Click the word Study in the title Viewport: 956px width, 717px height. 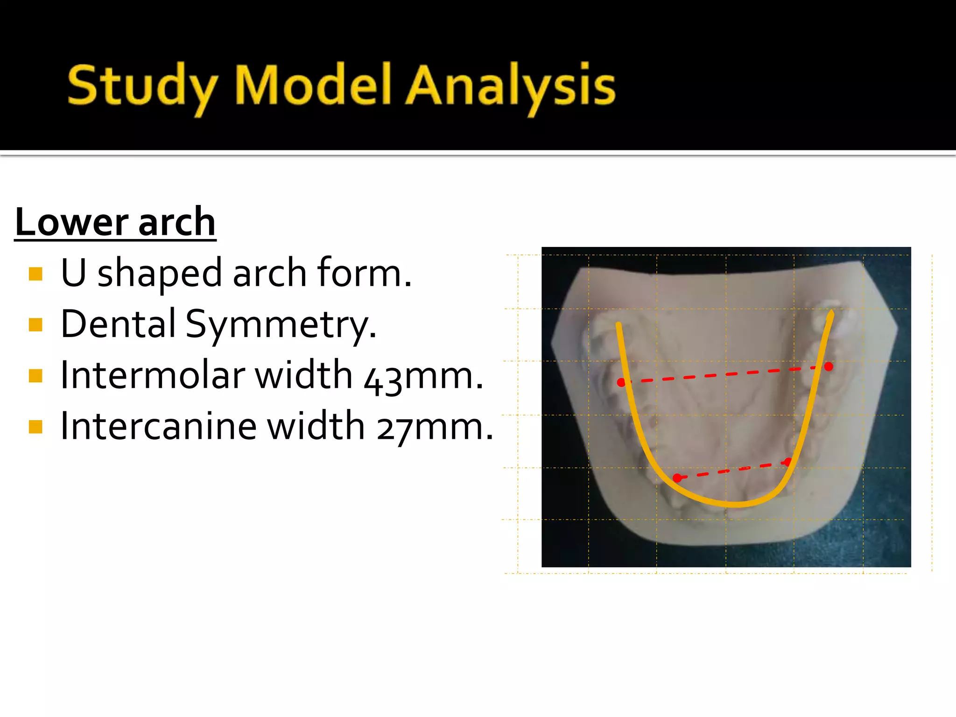142,86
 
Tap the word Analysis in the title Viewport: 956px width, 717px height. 510,86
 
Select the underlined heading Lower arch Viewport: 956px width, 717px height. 115,222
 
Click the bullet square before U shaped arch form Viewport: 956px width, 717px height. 35,274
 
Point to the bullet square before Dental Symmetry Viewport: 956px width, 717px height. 35,324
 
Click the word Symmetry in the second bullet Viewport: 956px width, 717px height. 280,324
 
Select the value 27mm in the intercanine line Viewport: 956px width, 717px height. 435,427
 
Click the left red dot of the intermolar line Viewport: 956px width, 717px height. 621,383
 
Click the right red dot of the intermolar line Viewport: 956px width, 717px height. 829,367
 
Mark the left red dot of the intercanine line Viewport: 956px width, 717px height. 677,478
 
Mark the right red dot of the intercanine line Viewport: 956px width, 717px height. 787,462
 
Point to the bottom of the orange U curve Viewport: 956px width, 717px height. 733,504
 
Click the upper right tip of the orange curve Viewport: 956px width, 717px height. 831,314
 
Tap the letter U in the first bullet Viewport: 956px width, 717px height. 74,273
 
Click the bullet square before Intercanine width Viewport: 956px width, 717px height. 35,427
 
